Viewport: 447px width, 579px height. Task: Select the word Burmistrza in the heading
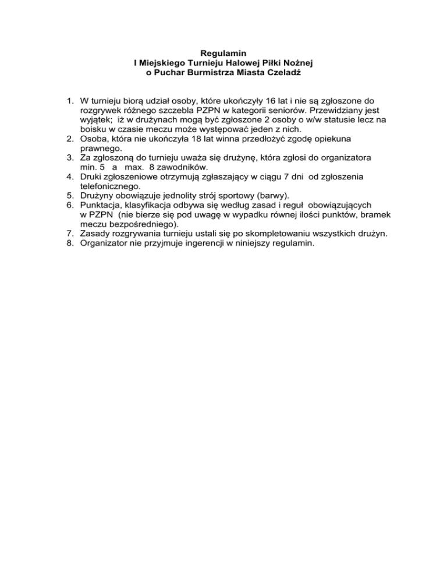pos(203,73)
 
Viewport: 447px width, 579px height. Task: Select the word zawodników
pos(175,168)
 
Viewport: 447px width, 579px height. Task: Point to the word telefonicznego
pos(111,186)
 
